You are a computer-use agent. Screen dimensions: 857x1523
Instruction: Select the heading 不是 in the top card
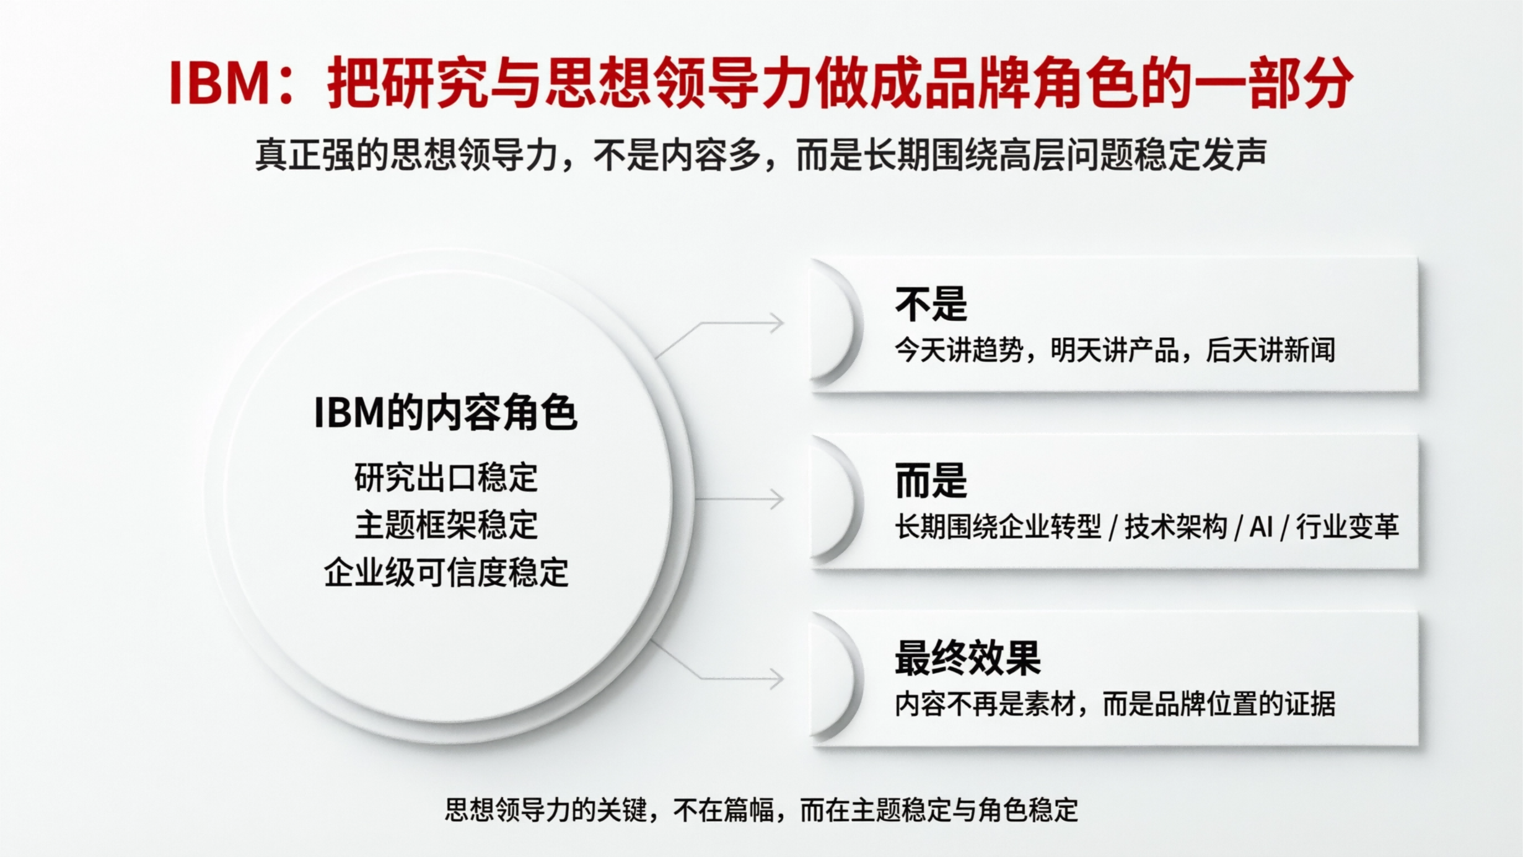pyautogui.click(x=931, y=304)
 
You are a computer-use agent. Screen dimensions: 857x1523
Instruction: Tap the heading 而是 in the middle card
pyautogui.click(x=931, y=481)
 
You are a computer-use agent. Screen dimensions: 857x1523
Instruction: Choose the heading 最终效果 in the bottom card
pyautogui.click(x=967, y=657)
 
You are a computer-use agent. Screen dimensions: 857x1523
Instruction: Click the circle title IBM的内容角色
pyautogui.click(x=445, y=413)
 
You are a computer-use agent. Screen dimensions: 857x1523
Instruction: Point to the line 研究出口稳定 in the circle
pyautogui.click(x=445, y=478)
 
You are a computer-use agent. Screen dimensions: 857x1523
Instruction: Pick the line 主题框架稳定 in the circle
pyautogui.click(x=445, y=525)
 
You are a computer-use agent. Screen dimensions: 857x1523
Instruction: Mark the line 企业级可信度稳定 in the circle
pyautogui.click(x=445, y=572)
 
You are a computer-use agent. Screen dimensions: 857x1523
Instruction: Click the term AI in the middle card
pyautogui.click(x=1261, y=528)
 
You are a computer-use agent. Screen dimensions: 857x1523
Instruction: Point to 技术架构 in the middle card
pyautogui.click(x=1175, y=528)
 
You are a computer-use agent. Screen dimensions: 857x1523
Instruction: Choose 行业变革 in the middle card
pyautogui.click(x=1347, y=528)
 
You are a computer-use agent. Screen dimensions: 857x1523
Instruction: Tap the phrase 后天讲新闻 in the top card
pyautogui.click(x=1270, y=351)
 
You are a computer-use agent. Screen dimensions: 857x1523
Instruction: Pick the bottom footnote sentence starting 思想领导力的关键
pyautogui.click(x=761, y=810)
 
